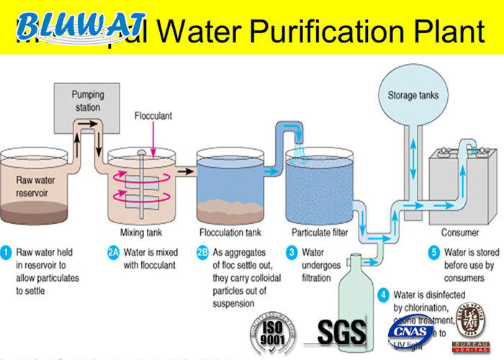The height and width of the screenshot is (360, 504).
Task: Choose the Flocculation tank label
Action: (x=231, y=233)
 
